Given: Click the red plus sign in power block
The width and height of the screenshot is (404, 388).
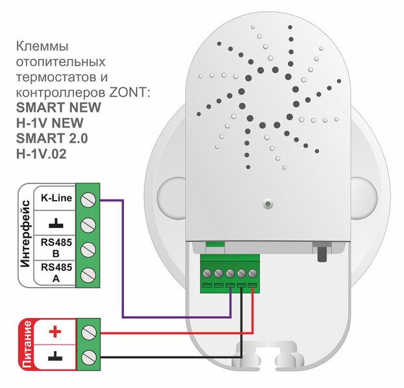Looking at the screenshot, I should coord(55,333).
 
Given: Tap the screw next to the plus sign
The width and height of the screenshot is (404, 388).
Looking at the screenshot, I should coord(89,334).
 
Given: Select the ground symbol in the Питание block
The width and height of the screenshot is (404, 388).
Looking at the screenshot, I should coord(55,356).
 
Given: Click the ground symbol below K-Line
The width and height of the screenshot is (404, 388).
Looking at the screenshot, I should coord(56,223).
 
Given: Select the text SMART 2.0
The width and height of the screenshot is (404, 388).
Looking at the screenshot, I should coord(49,138).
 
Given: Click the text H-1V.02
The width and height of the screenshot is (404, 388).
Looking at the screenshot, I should coord(46,154).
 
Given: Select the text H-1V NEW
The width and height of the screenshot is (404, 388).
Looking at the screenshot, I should coord(50,123).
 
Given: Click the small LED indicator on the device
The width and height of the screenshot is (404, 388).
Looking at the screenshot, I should coord(267,205).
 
